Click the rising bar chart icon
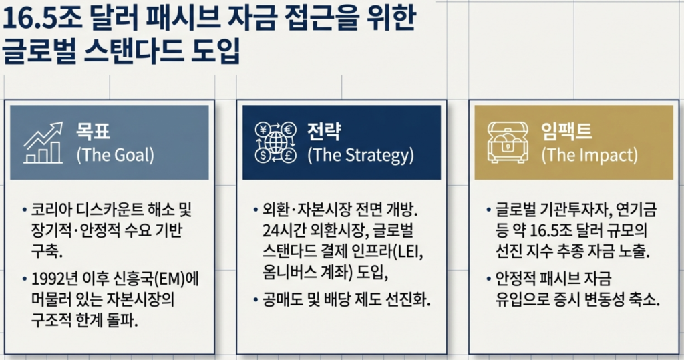(x=43, y=142)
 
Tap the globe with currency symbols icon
(x=275, y=142)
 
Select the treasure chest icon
(x=508, y=142)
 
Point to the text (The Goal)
(x=115, y=156)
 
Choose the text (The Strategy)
(x=360, y=156)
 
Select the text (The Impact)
(x=589, y=156)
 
